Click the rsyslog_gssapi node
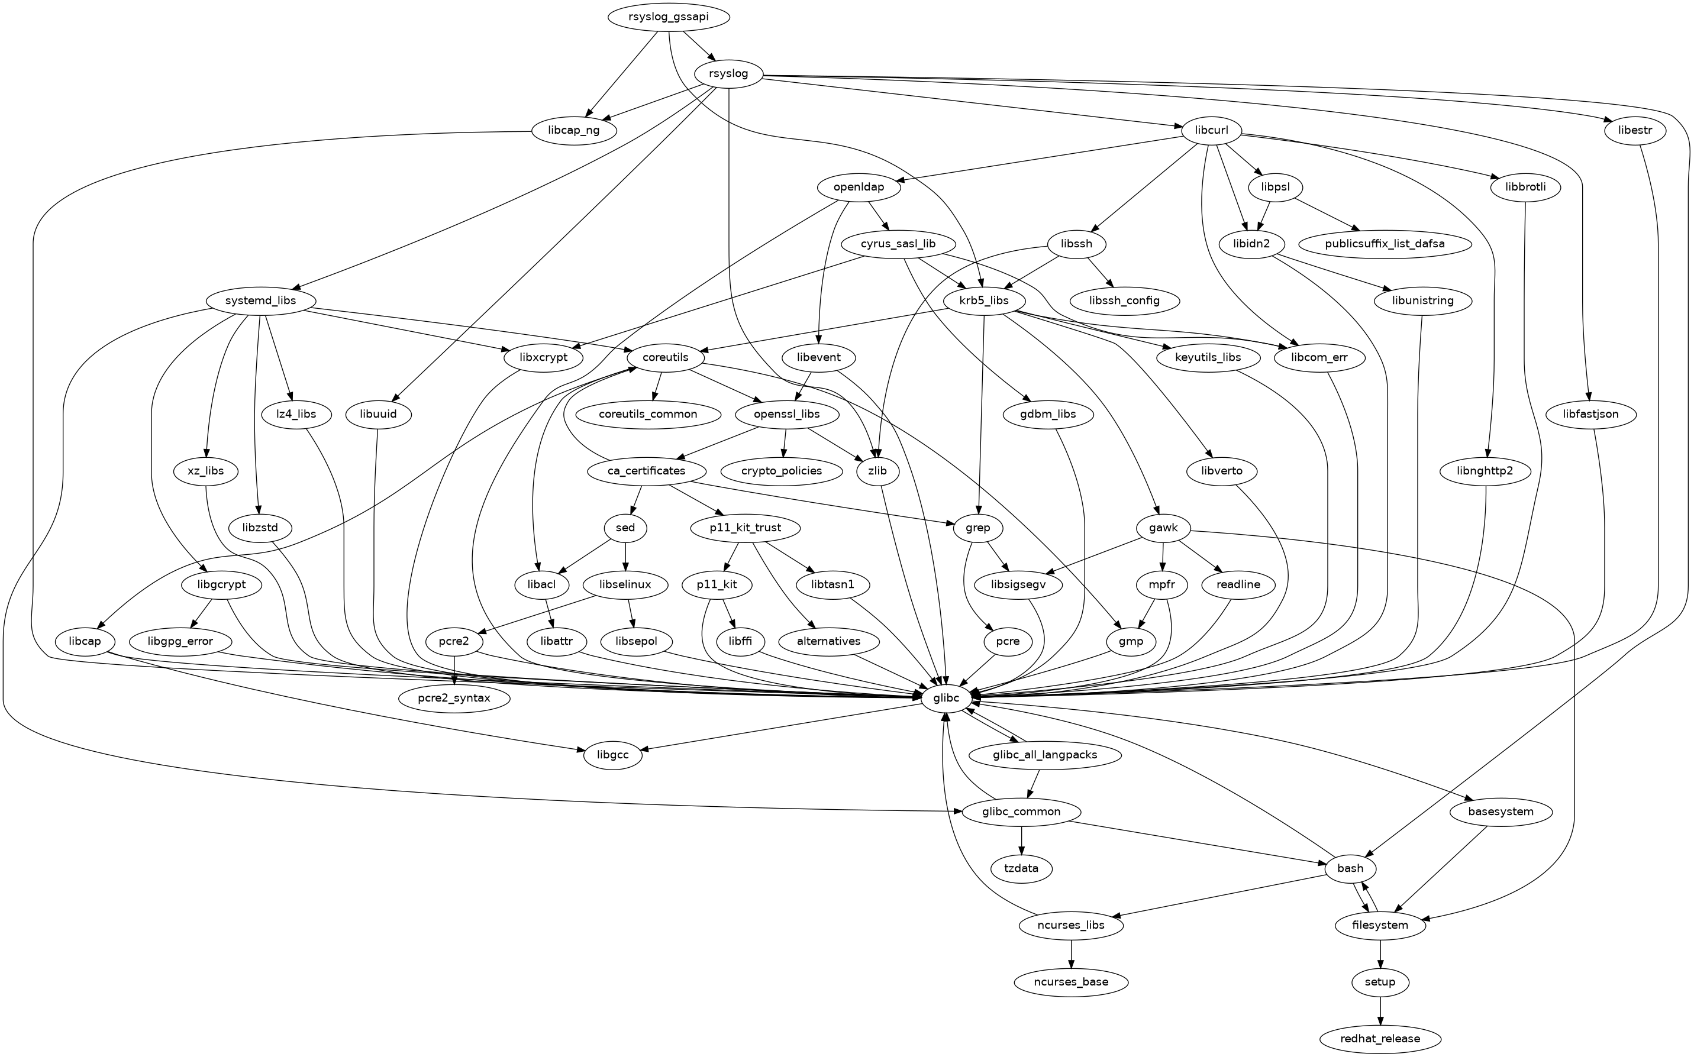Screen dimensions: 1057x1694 669,17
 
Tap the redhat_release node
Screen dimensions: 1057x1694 1380,1039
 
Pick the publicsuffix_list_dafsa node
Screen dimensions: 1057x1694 1385,244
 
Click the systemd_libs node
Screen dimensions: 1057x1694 261,300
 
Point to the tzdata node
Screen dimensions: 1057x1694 1021,868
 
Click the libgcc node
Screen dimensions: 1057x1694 612,755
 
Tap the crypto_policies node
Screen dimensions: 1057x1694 782,471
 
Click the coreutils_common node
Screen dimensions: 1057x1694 648,415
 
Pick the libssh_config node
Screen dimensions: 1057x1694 1124,300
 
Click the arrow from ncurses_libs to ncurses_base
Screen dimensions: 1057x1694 1071,953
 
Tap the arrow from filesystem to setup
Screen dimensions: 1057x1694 1380,953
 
